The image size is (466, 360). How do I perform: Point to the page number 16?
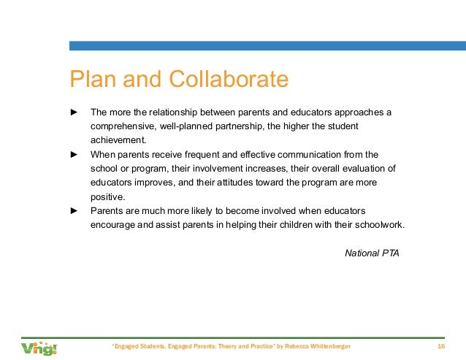pos(440,346)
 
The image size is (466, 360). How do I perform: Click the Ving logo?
pos(39,348)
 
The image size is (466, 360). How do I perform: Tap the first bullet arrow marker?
pos(73,112)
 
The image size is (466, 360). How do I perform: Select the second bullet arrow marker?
pos(73,155)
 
